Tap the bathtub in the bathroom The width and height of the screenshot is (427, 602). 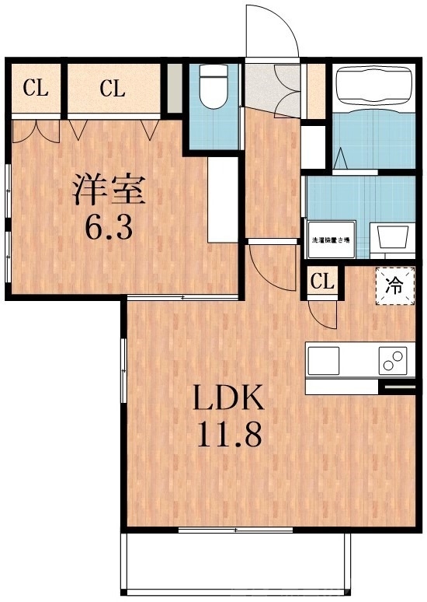pyautogui.click(x=373, y=86)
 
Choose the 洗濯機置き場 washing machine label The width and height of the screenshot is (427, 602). pyautogui.click(x=330, y=240)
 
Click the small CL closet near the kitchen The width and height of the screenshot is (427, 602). pyautogui.click(x=321, y=281)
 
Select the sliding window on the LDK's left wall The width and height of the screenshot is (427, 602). pyautogui.click(x=123, y=370)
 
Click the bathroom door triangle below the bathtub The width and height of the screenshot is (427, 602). pyautogui.click(x=342, y=159)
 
